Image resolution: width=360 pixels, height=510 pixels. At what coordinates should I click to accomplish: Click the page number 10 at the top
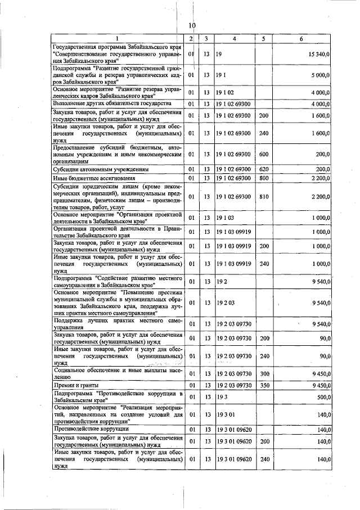192,25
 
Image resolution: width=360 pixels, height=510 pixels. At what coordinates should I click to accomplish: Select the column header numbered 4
233,39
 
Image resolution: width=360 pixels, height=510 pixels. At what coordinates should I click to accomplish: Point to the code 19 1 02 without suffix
226,92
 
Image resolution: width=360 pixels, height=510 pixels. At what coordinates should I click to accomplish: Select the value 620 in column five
264,169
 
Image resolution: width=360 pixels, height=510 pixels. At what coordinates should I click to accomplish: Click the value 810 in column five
264,196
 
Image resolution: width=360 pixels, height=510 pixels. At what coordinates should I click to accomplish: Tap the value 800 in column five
264,178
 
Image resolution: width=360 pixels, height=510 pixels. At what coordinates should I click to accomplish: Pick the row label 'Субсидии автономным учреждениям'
101,169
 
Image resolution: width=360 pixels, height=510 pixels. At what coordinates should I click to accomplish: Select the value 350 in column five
264,385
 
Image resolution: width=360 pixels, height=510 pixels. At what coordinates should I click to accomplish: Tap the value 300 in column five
264,373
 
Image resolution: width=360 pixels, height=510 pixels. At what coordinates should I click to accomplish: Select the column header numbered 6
302,39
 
